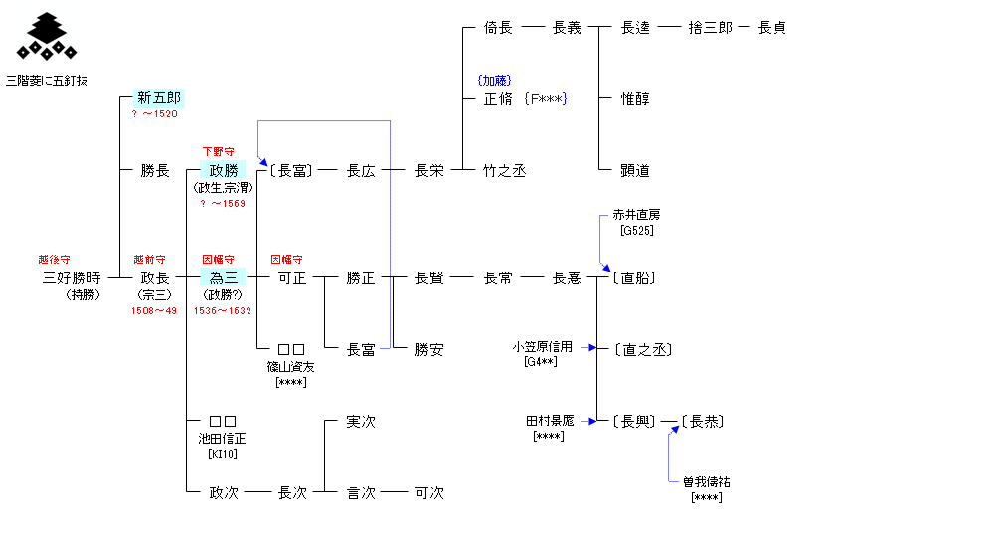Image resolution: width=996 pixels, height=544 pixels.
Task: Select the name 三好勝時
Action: point(72,278)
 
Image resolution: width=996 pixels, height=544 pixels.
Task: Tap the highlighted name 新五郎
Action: point(159,98)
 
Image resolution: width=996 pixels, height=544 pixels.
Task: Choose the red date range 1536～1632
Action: point(224,311)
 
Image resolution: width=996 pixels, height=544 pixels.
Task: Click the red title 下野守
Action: point(219,151)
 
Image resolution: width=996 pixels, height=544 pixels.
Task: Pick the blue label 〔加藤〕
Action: point(494,80)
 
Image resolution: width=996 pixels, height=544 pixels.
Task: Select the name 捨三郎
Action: point(710,28)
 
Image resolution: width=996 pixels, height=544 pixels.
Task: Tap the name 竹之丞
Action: point(504,171)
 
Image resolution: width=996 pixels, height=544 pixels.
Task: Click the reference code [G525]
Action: point(636,231)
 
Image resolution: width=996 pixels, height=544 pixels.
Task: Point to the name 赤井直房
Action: point(636,215)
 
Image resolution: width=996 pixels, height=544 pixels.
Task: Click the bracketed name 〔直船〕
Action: point(635,278)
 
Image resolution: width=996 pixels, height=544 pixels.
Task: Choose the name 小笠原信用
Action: point(543,347)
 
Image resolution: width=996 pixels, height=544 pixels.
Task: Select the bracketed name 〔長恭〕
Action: point(702,422)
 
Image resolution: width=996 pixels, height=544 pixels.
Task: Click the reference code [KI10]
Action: point(223,453)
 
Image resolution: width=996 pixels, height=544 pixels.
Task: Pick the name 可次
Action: point(429,493)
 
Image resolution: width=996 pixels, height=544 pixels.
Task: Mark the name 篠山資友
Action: point(291,366)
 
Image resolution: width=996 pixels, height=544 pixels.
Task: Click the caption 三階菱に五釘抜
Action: point(47,80)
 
